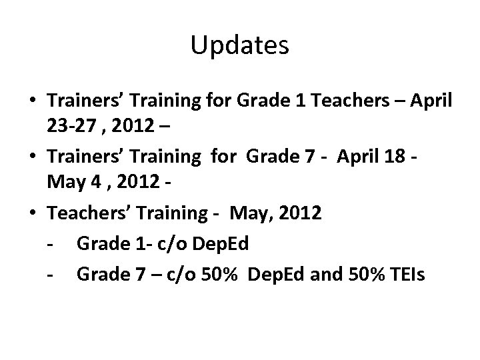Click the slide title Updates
coord(239,45)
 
